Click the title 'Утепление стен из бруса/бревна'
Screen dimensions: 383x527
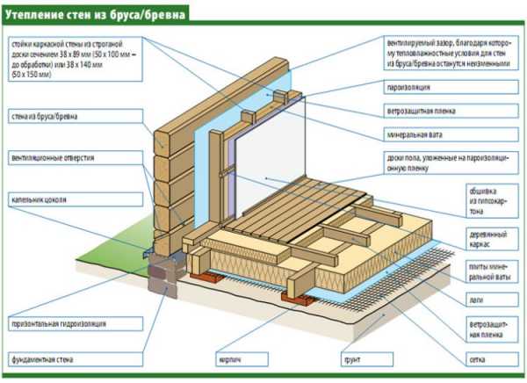tap(98, 13)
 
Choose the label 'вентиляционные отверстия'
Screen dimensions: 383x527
tap(53, 158)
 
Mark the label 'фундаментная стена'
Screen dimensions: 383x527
tap(42, 358)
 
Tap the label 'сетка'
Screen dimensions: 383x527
tap(479, 358)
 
